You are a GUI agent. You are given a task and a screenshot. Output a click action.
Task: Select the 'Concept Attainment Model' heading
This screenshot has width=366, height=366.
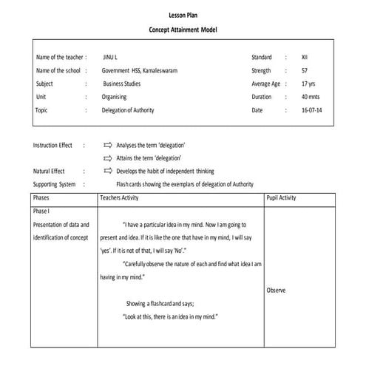pos(183,29)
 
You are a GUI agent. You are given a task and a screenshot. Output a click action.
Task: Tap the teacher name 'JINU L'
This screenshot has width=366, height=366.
pos(111,57)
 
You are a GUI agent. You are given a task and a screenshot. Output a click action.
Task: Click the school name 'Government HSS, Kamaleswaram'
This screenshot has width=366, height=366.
pos(140,70)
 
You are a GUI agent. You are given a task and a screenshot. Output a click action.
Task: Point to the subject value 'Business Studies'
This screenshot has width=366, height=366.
pos(123,84)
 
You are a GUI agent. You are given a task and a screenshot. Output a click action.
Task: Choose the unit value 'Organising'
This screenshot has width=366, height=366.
pos(115,97)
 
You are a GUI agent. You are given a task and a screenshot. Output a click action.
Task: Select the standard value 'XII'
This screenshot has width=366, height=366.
pos(305,57)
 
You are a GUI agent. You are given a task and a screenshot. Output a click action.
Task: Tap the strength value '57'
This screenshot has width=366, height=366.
pos(305,70)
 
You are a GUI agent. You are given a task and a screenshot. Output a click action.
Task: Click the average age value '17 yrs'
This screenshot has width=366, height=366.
pos(308,84)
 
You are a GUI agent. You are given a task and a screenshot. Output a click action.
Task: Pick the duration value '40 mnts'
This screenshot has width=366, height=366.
pos(311,97)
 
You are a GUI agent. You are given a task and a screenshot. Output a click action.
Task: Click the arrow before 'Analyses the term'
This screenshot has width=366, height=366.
pos(108,146)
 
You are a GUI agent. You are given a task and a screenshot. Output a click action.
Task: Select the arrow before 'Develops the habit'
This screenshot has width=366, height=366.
pos(108,171)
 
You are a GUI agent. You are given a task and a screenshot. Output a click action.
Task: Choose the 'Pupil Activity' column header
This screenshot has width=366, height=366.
pos(281,198)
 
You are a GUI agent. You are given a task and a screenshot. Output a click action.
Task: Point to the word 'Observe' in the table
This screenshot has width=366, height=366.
pos(277,291)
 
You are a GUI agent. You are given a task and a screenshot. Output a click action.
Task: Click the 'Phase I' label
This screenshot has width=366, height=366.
pos(41,211)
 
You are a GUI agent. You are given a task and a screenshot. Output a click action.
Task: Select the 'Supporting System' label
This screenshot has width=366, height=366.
pos(55,183)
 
